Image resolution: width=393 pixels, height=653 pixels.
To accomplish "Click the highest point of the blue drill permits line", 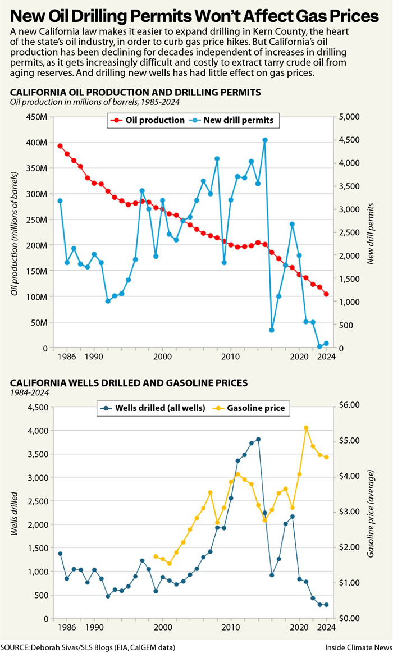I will pyautogui.click(x=265, y=140).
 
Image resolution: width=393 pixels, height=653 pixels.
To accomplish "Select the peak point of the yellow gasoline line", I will pyautogui.click(x=306, y=428).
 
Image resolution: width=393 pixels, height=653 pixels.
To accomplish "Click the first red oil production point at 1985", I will pyautogui.click(x=60, y=145).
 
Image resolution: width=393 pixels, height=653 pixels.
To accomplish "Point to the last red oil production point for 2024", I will pyautogui.click(x=326, y=294).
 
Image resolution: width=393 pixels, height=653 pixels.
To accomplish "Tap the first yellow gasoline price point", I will pyautogui.click(x=156, y=556).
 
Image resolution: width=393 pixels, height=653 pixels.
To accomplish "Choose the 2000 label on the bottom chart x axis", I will pyautogui.click(x=162, y=627).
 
